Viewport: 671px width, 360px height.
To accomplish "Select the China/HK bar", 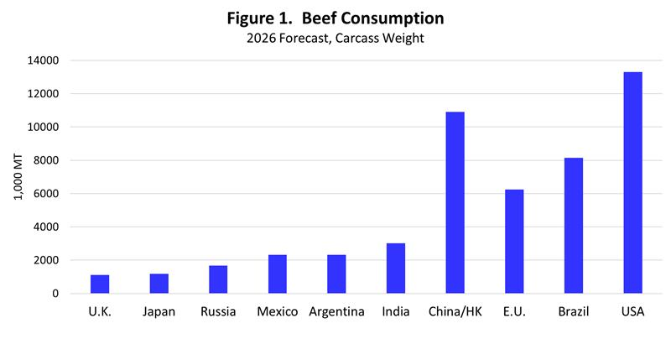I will tap(455, 203).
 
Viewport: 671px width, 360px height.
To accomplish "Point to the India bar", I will tap(396, 269).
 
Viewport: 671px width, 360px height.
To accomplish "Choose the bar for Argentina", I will tap(336, 274).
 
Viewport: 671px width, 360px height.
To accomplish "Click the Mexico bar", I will tap(278, 274).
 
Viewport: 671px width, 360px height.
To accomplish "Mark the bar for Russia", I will tap(218, 279).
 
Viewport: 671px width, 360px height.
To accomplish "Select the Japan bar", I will tap(159, 284).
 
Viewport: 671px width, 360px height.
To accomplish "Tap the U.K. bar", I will tap(100, 284).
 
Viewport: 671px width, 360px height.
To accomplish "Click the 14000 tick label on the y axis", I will tap(42, 60).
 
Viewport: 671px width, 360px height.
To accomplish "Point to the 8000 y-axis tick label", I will tap(45, 160).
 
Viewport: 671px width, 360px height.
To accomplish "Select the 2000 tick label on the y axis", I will tap(45, 260).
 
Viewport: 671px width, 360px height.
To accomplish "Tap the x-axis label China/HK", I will tap(455, 313).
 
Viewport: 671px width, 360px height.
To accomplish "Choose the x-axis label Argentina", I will tap(336, 313).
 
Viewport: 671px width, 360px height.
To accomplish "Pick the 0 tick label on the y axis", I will tap(55, 294).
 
